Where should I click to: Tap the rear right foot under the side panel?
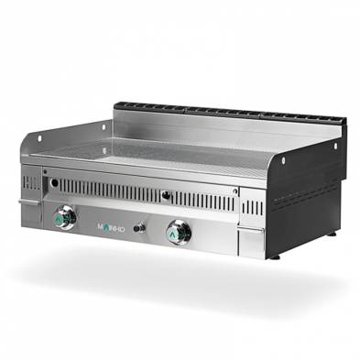(x=331, y=234)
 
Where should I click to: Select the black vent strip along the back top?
(x=229, y=115)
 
